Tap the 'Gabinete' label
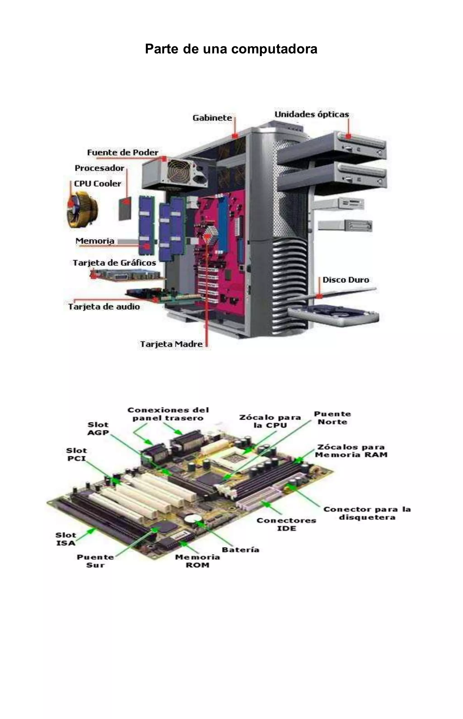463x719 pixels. click(x=212, y=118)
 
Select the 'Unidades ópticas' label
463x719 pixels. click(x=312, y=114)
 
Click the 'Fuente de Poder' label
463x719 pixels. click(x=123, y=153)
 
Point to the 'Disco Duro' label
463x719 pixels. click(x=346, y=280)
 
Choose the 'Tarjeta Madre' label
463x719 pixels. click(x=171, y=344)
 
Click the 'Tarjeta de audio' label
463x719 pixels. click(x=104, y=307)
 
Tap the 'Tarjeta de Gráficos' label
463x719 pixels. click(x=115, y=263)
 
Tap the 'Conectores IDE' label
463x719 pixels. click(x=286, y=525)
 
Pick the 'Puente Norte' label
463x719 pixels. click(x=333, y=418)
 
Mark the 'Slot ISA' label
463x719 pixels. click(x=66, y=539)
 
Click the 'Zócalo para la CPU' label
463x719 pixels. click(x=270, y=421)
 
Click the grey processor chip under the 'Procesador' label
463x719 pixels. click(x=125, y=209)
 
